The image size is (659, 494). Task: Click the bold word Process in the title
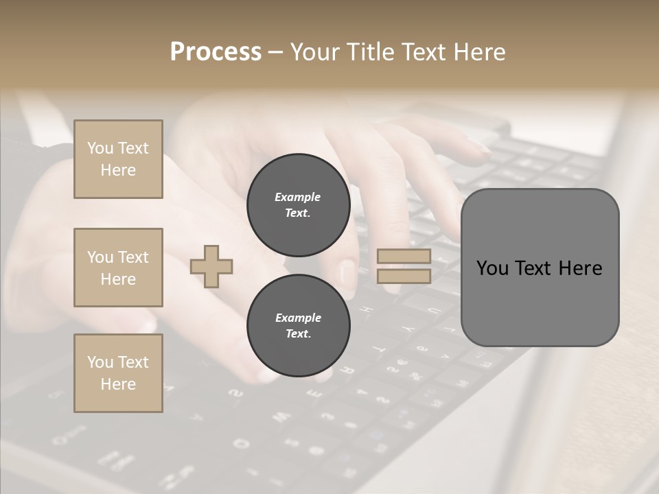click(x=216, y=52)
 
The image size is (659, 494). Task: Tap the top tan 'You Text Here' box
click(x=118, y=159)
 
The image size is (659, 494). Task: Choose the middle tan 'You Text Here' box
click(x=118, y=268)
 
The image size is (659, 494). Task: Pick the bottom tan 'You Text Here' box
click(x=118, y=373)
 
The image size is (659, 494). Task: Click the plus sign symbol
click(x=211, y=266)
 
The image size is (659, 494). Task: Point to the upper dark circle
click(x=298, y=205)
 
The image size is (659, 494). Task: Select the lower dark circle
click(x=298, y=326)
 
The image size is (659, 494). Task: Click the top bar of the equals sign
click(x=404, y=257)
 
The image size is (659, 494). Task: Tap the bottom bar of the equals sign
click(x=404, y=276)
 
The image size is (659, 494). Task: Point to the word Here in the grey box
click(x=580, y=268)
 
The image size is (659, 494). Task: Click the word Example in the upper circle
click(x=298, y=197)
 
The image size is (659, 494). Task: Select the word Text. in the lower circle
click(x=298, y=334)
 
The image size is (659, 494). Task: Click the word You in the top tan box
click(x=100, y=148)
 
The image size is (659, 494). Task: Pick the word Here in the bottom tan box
click(x=118, y=384)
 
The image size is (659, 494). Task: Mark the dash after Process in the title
click(x=275, y=52)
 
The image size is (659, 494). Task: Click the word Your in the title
click(x=313, y=52)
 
